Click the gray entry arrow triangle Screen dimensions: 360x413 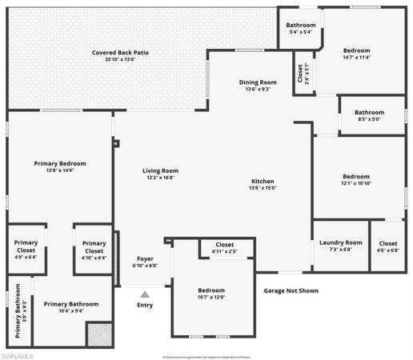click(x=145, y=294)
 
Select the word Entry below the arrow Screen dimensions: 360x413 click(x=145, y=305)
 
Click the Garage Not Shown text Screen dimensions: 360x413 click(x=291, y=290)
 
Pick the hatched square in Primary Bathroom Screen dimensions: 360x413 click(x=98, y=333)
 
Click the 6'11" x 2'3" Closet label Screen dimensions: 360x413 click(x=225, y=248)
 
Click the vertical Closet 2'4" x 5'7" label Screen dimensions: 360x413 click(x=303, y=74)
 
